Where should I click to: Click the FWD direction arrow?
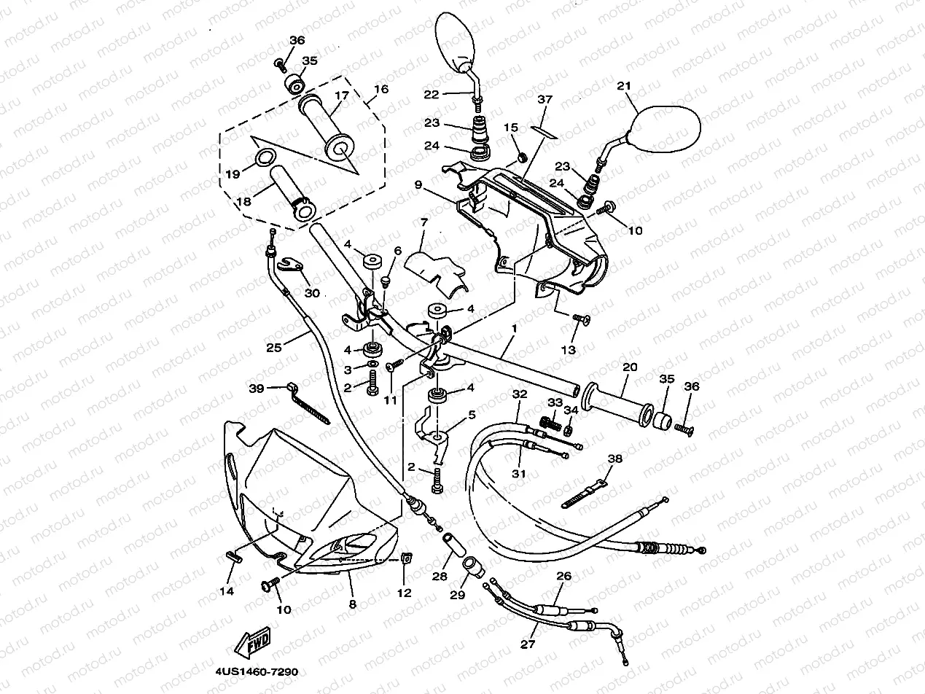tap(252, 644)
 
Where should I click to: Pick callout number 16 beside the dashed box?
tap(380, 90)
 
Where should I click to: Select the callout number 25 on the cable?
tap(273, 348)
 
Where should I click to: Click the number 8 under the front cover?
tap(352, 604)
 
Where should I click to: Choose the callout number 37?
tap(545, 99)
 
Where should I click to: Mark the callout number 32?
tap(518, 394)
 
